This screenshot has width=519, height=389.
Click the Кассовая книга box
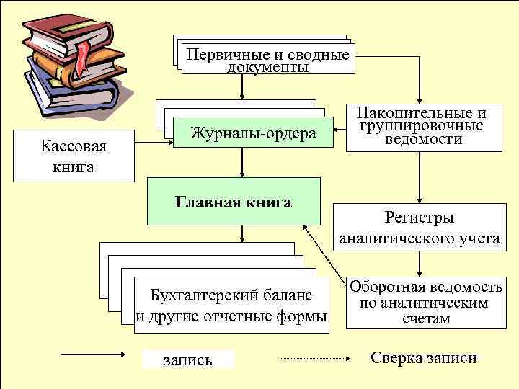pos(73,156)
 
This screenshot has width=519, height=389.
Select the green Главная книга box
pos(234,202)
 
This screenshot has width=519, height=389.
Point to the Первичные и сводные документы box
pos(267,61)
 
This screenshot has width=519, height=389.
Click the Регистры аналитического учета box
pos(420,228)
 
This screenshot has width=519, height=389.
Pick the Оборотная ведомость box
pos(425,303)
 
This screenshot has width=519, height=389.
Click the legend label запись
pos(189,359)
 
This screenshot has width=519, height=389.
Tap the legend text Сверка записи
pos(424,358)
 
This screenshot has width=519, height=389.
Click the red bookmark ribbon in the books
pos(85,57)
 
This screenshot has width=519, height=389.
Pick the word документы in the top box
pos(267,68)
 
